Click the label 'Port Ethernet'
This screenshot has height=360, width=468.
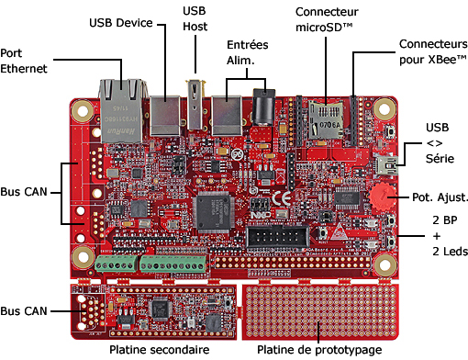24,61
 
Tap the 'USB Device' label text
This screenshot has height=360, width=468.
121,23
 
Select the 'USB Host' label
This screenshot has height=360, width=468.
195,18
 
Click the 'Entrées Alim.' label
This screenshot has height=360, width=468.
247,52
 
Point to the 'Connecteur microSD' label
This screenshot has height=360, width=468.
327,19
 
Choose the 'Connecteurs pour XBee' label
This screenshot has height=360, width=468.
433,51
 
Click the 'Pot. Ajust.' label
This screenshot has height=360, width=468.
440,197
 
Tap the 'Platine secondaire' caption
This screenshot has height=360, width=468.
160,350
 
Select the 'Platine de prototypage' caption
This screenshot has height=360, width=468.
319,350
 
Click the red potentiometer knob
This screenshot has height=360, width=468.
382,196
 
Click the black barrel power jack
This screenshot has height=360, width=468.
263,107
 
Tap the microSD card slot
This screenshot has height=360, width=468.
326,119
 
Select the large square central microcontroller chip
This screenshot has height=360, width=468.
213,212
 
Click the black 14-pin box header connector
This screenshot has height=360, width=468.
277,237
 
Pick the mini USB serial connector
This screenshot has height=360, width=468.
387,164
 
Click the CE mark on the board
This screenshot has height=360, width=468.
282,198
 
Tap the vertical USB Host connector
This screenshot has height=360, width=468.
195,104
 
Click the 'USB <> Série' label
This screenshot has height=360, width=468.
440,143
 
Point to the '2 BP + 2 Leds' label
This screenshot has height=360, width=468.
450,236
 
